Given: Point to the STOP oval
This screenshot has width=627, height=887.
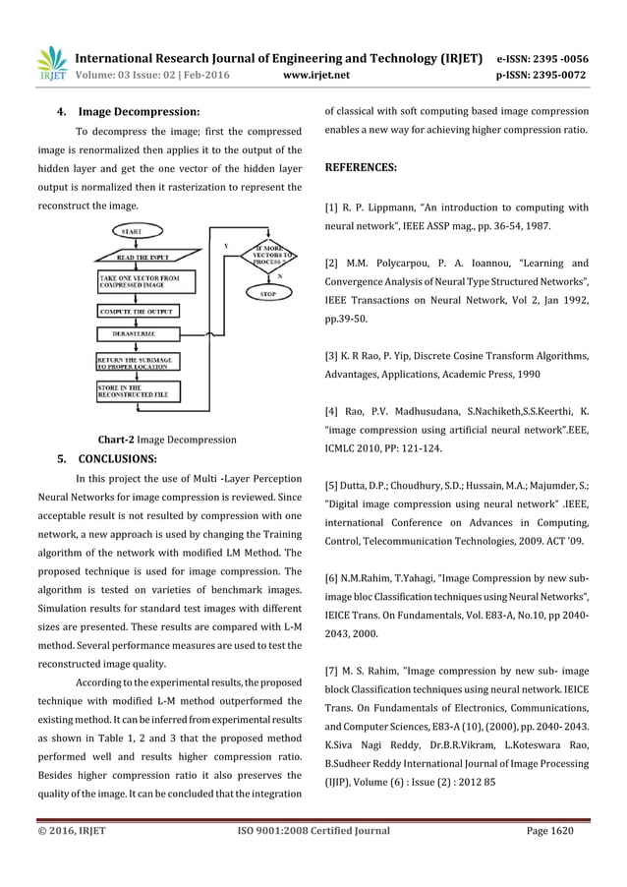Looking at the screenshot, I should (x=266, y=293).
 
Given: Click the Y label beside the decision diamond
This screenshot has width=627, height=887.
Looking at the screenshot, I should (x=227, y=245).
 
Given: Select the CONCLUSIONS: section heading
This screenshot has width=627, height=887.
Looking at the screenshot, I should (x=116, y=458).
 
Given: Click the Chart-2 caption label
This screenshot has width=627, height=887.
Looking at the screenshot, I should (x=116, y=440).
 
